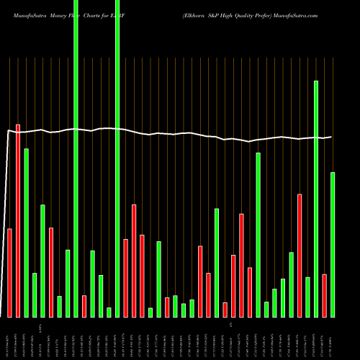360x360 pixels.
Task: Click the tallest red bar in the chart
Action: coord(18,220)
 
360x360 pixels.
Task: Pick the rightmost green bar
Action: coord(333,245)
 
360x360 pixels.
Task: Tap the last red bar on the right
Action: coord(325,295)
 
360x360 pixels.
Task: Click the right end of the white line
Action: coord(331,137)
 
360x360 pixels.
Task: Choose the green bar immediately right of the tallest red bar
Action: coord(27,233)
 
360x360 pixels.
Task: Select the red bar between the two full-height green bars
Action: coord(84,306)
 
